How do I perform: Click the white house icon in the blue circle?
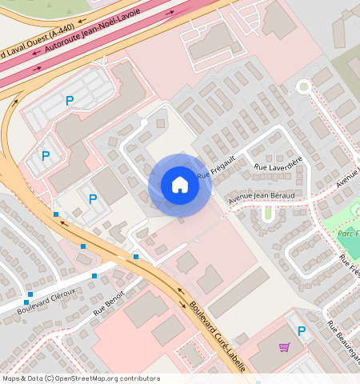[180, 186]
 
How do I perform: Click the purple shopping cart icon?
[284, 347]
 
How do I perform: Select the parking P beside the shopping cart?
[302, 330]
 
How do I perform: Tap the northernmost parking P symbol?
[70, 101]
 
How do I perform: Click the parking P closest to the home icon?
[93, 199]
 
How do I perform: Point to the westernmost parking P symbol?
[46, 156]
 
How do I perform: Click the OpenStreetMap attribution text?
[80, 378]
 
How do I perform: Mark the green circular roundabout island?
[303, 86]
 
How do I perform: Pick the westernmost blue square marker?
[30, 294]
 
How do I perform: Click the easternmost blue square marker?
[136, 257]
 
